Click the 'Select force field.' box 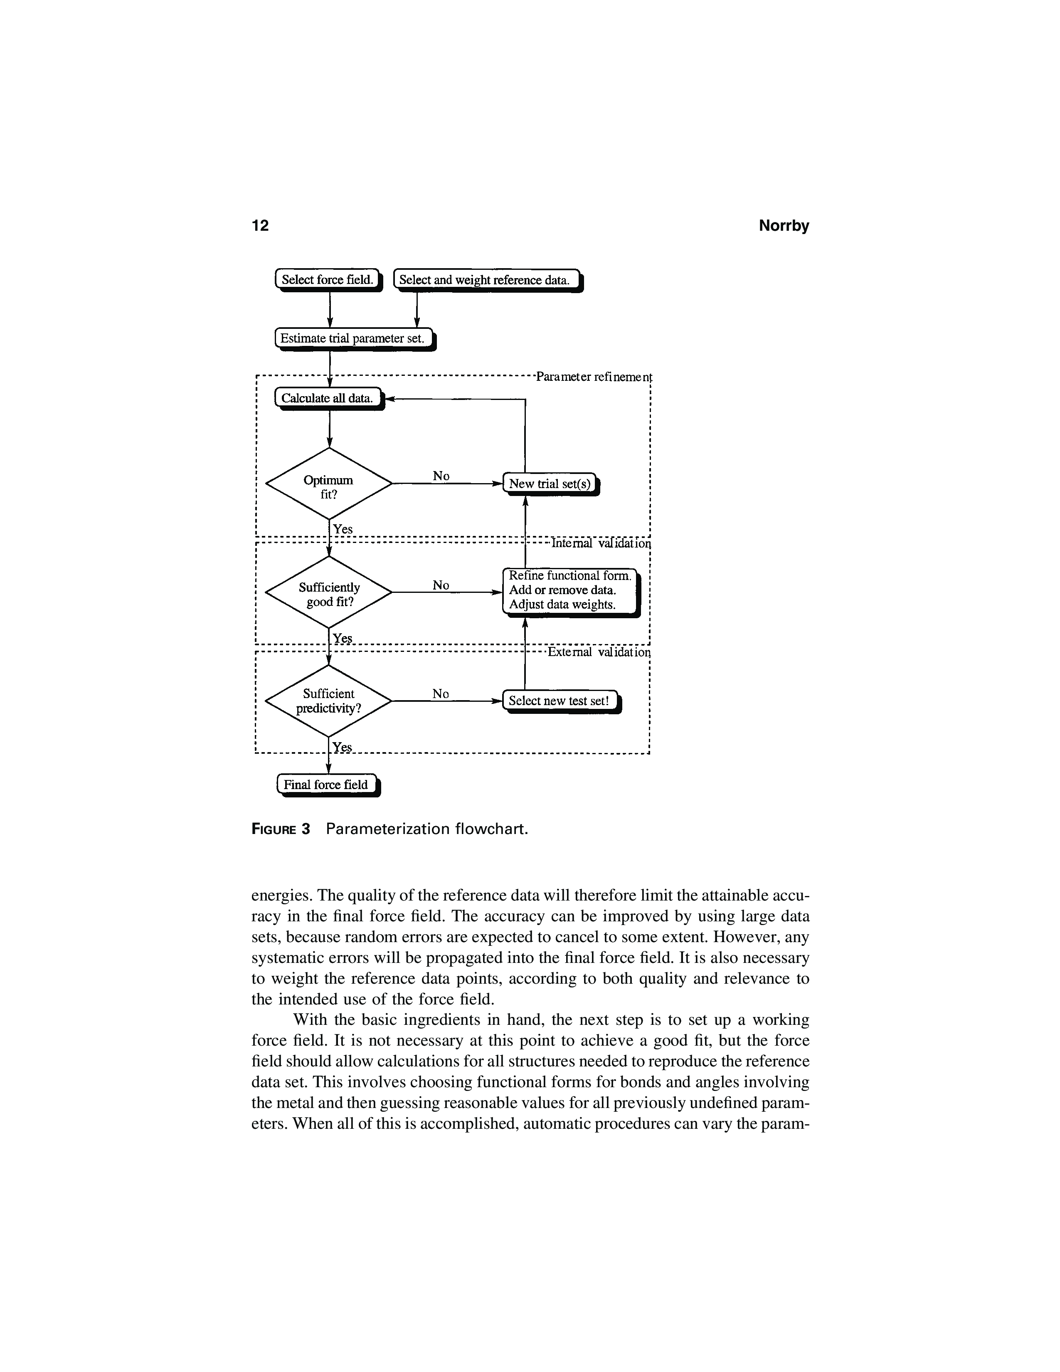pyautogui.click(x=328, y=279)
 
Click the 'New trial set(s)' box pyautogui.click(x=550, y=484)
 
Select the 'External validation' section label pyautogui.click(x=599, y=652)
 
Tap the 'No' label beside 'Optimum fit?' pyautogui.click(x=441, y=476)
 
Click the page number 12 pyautogui.click(x=260, y=225)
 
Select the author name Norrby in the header pyautogui.click(x=784, y=225)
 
